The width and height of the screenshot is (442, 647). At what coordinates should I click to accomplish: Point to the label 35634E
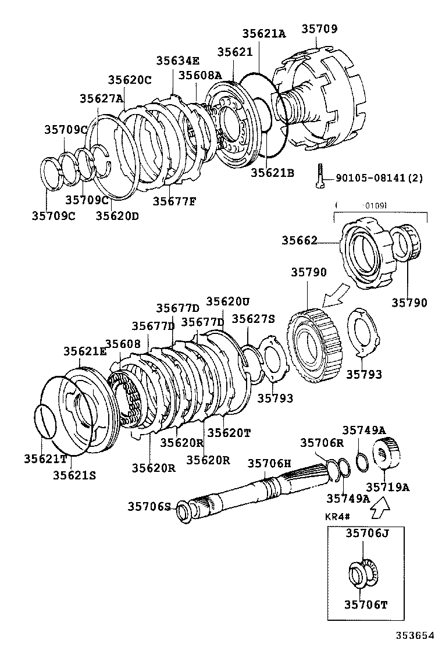pos(177,61)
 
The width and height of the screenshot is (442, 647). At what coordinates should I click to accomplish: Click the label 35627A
pos(101,98)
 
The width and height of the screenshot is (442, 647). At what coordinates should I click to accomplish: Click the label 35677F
pos(174,201)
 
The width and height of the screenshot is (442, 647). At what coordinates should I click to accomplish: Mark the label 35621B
pos(272,172)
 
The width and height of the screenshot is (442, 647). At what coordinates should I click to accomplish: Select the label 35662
pos(300,240)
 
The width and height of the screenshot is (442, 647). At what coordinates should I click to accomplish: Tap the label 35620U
pos(228,301)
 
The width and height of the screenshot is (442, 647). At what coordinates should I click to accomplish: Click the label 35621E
pos(85,351)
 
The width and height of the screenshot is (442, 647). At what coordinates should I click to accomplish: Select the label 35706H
pos(269,463)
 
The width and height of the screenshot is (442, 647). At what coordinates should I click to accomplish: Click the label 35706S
pos(149,507)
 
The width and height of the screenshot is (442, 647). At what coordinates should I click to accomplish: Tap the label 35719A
pos(387,486)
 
